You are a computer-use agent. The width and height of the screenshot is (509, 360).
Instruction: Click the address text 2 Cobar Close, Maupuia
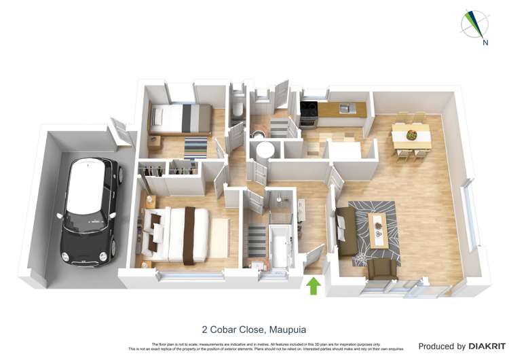point(254,328)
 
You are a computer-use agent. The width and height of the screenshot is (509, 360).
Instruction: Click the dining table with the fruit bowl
point(411,136)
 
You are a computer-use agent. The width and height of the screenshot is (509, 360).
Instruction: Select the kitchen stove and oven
point(309,113)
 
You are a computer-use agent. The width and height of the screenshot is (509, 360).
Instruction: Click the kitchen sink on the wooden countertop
point(345,107)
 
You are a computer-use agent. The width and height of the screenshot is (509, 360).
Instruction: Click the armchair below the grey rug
point(381,269)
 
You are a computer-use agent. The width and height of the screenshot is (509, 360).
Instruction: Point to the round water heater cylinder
point(263,151)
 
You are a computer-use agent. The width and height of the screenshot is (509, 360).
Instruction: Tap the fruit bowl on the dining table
point(411,135)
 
